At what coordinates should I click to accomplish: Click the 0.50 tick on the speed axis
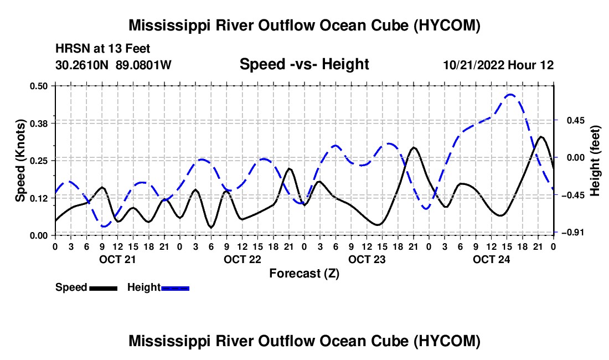coord(39,86)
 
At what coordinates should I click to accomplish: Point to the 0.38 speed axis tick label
coord(39,124)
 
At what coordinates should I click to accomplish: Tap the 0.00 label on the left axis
coord(39,236)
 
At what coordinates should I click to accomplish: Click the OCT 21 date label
coord(118,259)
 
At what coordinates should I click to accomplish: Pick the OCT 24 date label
coord(491,259)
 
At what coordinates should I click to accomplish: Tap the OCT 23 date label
coord(367,259)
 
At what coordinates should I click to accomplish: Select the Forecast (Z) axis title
coord(304,274)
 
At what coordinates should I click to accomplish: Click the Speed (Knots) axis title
coord(20,161)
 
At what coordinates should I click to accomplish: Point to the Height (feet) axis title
coord(595,161)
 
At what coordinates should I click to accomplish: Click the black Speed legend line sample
coord(104,288)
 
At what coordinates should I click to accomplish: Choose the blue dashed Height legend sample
coord(175,288)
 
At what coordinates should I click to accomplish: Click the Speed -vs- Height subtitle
coord(304,64)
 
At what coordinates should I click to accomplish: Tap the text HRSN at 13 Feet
coord(102,49)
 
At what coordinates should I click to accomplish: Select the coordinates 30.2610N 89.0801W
coord(113,64)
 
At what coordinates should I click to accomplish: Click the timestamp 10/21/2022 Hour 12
coord(499,65)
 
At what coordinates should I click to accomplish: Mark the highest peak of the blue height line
coord(510,94)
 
